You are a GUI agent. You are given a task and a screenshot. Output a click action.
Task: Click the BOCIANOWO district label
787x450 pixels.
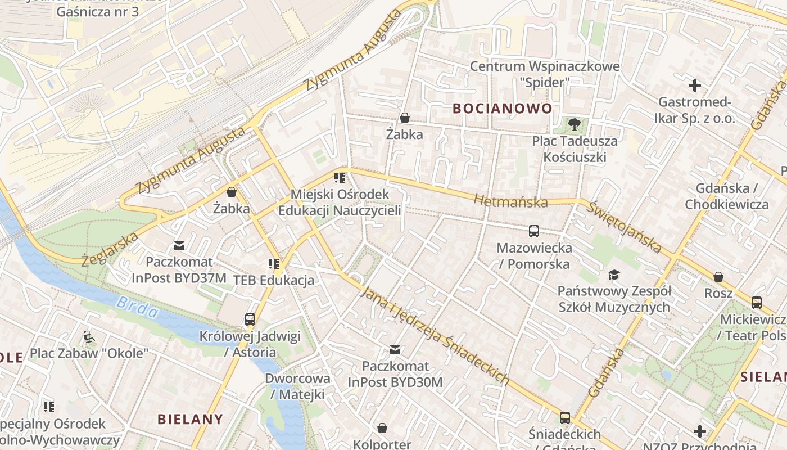click(502, 109)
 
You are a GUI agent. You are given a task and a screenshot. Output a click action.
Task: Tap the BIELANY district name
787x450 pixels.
click(190, 419)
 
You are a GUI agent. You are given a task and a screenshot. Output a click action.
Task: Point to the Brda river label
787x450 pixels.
click(138, 307)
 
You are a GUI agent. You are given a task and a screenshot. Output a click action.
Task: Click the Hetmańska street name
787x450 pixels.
click(510, 201)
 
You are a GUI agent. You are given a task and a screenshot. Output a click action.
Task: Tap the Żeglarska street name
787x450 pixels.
click(110, 249)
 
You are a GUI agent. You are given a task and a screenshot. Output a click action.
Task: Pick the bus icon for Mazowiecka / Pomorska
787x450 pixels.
click(533, 231)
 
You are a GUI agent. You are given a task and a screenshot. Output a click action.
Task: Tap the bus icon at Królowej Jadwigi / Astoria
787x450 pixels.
click(250, 320)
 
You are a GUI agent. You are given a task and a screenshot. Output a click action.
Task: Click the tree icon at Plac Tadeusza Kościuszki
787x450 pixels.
click(574, 124)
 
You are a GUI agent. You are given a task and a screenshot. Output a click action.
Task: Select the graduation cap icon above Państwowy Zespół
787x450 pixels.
click(614, 275)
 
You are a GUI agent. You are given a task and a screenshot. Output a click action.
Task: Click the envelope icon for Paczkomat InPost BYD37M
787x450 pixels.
click(179, 246)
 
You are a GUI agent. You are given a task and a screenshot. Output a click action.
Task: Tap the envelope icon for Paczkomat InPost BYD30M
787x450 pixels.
click(396, 350)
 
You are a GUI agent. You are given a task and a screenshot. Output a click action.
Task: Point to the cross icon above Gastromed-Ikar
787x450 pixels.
click(695, 85)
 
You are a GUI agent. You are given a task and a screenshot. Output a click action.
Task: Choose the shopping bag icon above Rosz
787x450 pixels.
click(718, 277)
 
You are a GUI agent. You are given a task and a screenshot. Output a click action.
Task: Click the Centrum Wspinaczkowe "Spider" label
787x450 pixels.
click(544, 74)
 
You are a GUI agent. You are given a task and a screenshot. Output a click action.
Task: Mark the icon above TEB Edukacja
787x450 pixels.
click(274, 264)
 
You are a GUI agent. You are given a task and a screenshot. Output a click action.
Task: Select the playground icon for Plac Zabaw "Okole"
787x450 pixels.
click(89, 337)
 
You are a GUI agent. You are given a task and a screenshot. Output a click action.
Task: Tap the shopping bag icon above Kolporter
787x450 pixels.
click(382, 429)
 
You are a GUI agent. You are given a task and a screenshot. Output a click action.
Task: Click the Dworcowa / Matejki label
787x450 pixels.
click(297, 386)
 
